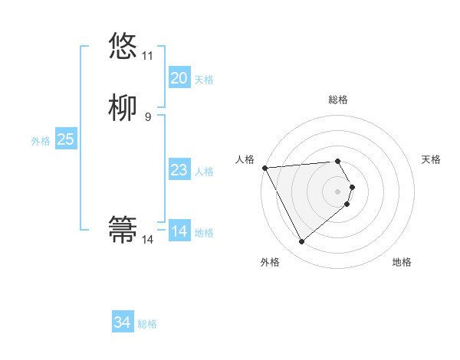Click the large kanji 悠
[123, 46]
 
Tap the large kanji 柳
[123, 108]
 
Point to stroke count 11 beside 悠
[147, 56]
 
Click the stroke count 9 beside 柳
[147, 117]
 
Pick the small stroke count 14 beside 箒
[147, 240]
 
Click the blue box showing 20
[179, 78]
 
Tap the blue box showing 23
[179, 170]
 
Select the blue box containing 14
[179, 231]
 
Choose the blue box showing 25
[66, 139]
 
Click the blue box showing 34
[123, 323]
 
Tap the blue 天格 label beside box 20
[204, 80]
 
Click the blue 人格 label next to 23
[204, 172]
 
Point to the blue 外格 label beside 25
[41, 141]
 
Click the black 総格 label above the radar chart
[337, 100]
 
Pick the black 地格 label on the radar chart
[402, 262]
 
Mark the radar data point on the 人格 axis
[264, 168]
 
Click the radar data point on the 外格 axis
[301, 242]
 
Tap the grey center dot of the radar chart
[338, 191]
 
